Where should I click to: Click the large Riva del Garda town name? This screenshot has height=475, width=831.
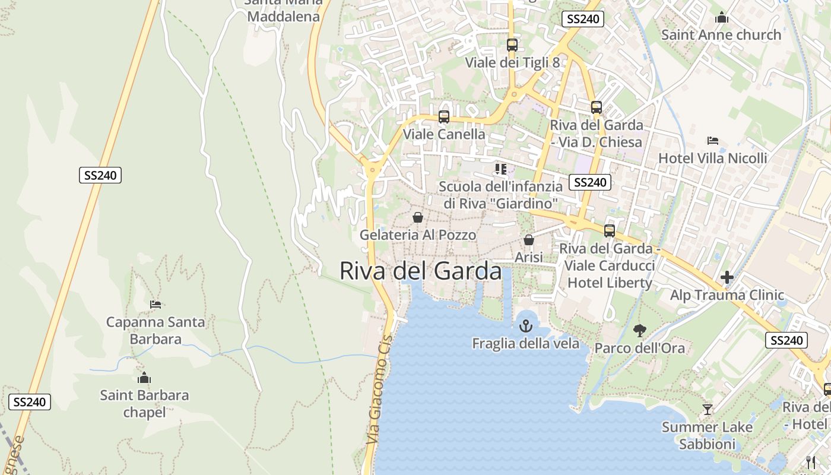[x=421, y=271]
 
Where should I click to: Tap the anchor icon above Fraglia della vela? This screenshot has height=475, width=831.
[x=525, y=325]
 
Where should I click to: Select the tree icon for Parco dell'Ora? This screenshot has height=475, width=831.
[x=639, y=330]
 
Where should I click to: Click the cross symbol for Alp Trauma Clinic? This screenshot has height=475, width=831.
[x=727, y=277]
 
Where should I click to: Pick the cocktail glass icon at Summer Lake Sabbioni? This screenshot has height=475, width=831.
[x=707, y=409]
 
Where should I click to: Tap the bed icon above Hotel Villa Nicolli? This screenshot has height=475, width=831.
[x=713, y=141]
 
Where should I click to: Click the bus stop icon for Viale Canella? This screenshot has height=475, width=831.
[x=443, y=116]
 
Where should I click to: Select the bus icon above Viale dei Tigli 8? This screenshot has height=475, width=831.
[x=512, y=45]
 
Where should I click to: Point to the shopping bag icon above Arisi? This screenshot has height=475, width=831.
[x=528, y=240]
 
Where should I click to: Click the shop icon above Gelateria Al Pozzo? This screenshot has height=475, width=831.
[x=417, y=217]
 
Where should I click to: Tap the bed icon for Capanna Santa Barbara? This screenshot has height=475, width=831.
[x=156, y=305]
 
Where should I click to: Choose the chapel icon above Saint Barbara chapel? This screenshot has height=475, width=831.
[x=144, y=378]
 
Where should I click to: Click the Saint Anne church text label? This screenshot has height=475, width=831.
[x=721, y=35]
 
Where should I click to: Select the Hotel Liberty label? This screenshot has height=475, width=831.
[x=610, y=283]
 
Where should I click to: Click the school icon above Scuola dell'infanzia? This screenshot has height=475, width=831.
[x=500, y=169]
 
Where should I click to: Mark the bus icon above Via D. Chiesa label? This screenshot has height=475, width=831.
[x=596, y=107]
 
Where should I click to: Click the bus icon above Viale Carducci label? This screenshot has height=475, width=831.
[x=609, y=231]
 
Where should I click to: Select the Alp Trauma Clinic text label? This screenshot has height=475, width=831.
[x=727, y=295]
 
